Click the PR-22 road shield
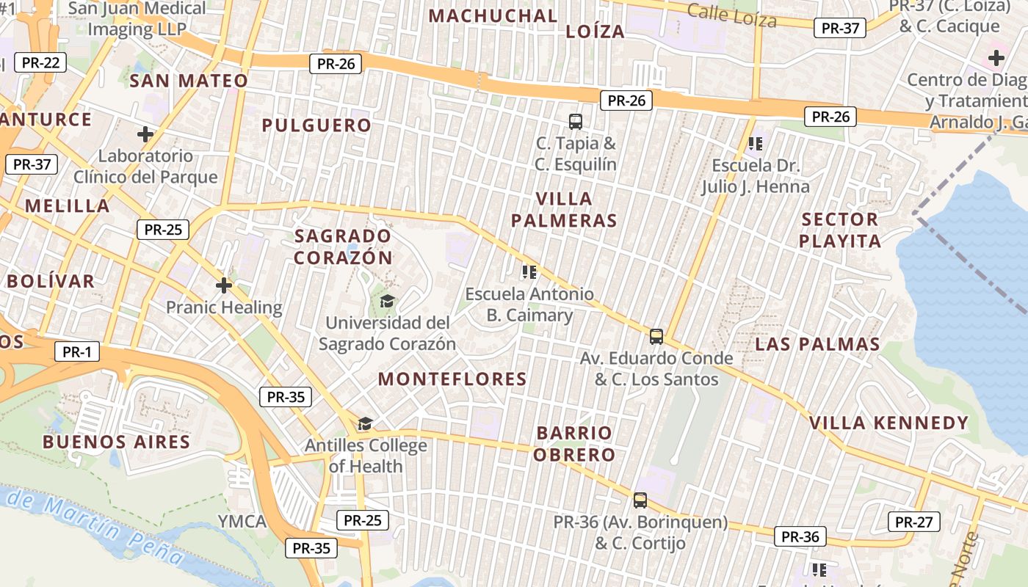pos(40,62)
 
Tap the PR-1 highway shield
pos(76,352)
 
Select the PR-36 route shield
pos(800,536)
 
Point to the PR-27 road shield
pos(913,522)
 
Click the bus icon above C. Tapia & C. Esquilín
pos(576,121)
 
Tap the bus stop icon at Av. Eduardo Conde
pos(656,337)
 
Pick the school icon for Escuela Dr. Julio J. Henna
pos(756,144)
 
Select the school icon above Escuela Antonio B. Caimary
pos(529,272)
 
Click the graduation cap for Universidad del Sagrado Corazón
pos(387,301)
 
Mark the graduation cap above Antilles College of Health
pos(365,423)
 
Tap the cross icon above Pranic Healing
pos(224,285)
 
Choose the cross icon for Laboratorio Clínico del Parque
pos(145,134)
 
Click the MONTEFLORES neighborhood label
pos(452,379)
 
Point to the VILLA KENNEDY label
pos(888,423)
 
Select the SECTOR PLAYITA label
pos(839,230)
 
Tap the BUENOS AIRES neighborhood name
pos(116,442)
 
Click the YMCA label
pos(242,522)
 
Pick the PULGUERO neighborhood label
pos(316,125)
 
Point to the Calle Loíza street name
pos(731,15)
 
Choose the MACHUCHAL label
pos(493,15)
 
